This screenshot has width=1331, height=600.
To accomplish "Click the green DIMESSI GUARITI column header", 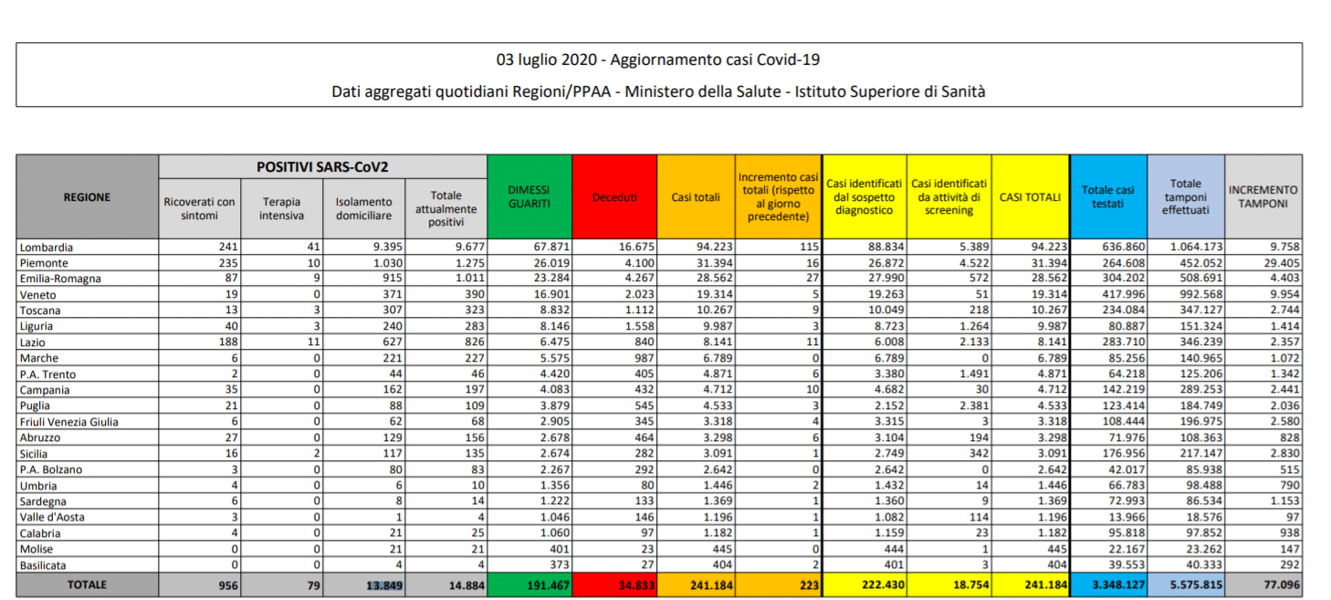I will tap(529, 196).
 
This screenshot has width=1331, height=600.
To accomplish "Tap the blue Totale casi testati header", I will tap(1108, 196).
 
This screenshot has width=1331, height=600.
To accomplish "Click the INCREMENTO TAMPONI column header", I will tap(1263, 196).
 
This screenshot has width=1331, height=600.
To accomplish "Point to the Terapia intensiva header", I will tap(282, 208).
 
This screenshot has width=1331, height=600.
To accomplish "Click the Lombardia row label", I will tap(45, 247).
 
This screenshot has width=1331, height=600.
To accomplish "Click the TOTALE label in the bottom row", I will tap(87, 584).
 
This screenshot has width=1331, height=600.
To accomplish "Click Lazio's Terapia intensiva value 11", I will tap(314, 342).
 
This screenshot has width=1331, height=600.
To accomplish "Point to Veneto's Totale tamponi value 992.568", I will tap(1195, 295).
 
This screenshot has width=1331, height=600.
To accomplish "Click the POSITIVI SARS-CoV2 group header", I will tap(322, 167).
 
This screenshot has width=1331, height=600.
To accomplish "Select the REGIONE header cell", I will tap(87, 197).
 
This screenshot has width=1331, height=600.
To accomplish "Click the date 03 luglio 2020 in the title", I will tap(546, 60).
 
